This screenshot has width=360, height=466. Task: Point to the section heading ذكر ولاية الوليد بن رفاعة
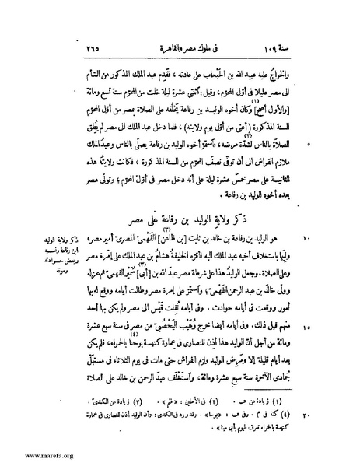[x=196, y=213]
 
